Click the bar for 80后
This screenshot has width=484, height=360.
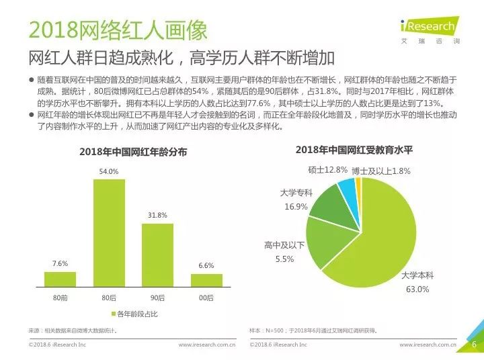click(x=110, y=233)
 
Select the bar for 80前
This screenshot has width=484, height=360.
click(x=61, y=279)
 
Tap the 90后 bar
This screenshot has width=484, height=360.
click(x=157, y=255)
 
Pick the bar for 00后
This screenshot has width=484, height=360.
click(x=206, y=281)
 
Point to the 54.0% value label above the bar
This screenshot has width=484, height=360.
click(x=109, y=171)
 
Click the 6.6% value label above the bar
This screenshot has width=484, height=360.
click(x=206, y=265)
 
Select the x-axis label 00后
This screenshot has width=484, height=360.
click(x=206, y=298)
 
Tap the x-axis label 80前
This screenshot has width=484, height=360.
click(x=61, y=298)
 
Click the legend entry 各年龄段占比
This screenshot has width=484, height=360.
click(x=134, y=314)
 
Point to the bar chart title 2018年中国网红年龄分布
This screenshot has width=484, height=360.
click(x=133, y=152)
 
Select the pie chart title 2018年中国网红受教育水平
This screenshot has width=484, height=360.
click(x=354, y=150)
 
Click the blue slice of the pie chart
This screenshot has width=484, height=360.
click(x=348, y=194)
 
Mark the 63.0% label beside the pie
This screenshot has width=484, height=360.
click(x=417, y=289)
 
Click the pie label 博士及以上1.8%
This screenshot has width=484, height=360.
click(x=381, y=171)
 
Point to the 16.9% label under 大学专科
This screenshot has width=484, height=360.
click(x=296, y=206)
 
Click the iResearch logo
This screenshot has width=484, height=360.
click(x=430, y=30)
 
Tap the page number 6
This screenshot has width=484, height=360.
click(x=474, y=345)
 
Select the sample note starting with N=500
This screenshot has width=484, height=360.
click(x=314, y=330)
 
